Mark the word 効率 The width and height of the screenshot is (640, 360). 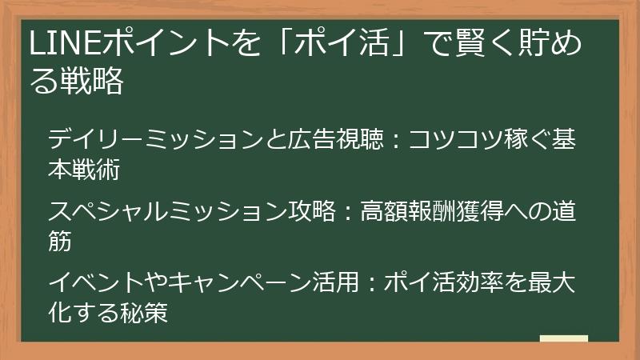453,284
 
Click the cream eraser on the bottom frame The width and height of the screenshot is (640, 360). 564,339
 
